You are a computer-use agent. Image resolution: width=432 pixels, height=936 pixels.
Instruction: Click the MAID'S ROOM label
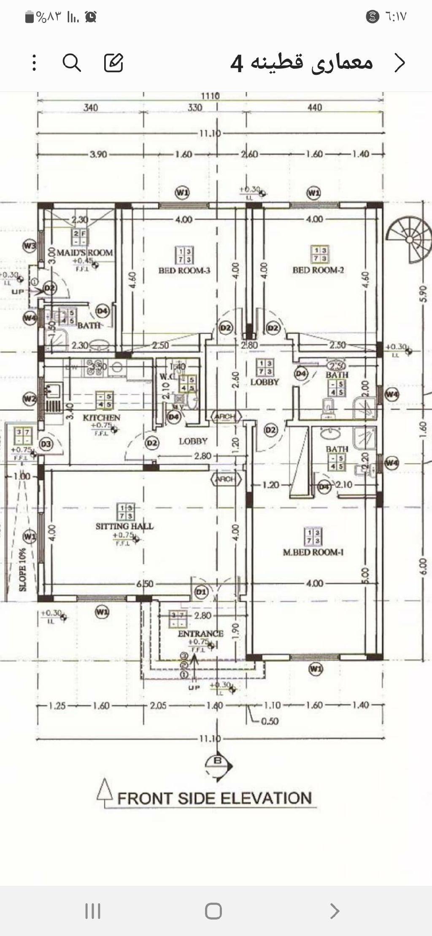click(x=85, y=253)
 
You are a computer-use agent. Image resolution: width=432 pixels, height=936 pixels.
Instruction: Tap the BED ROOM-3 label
click(x=184, y=270)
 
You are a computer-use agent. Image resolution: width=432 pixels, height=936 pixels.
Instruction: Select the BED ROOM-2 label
click(x=319, y=270)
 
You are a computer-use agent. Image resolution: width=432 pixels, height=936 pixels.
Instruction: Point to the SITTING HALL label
click(x=124, y=526)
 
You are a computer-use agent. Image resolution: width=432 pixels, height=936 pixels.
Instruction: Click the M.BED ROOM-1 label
click(x=313, y=552)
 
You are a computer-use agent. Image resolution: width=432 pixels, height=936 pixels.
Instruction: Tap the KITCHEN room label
click(x=102, y=417)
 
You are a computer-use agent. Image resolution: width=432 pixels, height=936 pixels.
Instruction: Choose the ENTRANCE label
click(x=200, y=633)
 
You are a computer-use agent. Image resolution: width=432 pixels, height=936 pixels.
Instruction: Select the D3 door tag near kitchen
click(x=46, y=444)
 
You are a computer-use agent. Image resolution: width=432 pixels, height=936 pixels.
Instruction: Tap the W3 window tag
click(x=30, y=245)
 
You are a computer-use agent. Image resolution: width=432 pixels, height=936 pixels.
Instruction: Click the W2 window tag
click(x=30, y=398)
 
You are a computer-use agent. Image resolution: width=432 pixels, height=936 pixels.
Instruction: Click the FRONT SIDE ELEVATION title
click(x=214, y=798)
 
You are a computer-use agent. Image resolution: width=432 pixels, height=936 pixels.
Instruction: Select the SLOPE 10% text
click(x=22, y=569)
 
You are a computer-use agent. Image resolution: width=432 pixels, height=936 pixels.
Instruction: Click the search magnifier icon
click(x=72, y=63)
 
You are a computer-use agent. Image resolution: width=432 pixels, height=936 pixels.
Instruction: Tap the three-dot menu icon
click(x=34, y=63)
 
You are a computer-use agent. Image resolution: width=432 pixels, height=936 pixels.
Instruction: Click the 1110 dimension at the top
click(x=210, y=96)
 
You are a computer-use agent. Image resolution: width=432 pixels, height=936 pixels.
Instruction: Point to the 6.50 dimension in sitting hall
click(x=145, y=584)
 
